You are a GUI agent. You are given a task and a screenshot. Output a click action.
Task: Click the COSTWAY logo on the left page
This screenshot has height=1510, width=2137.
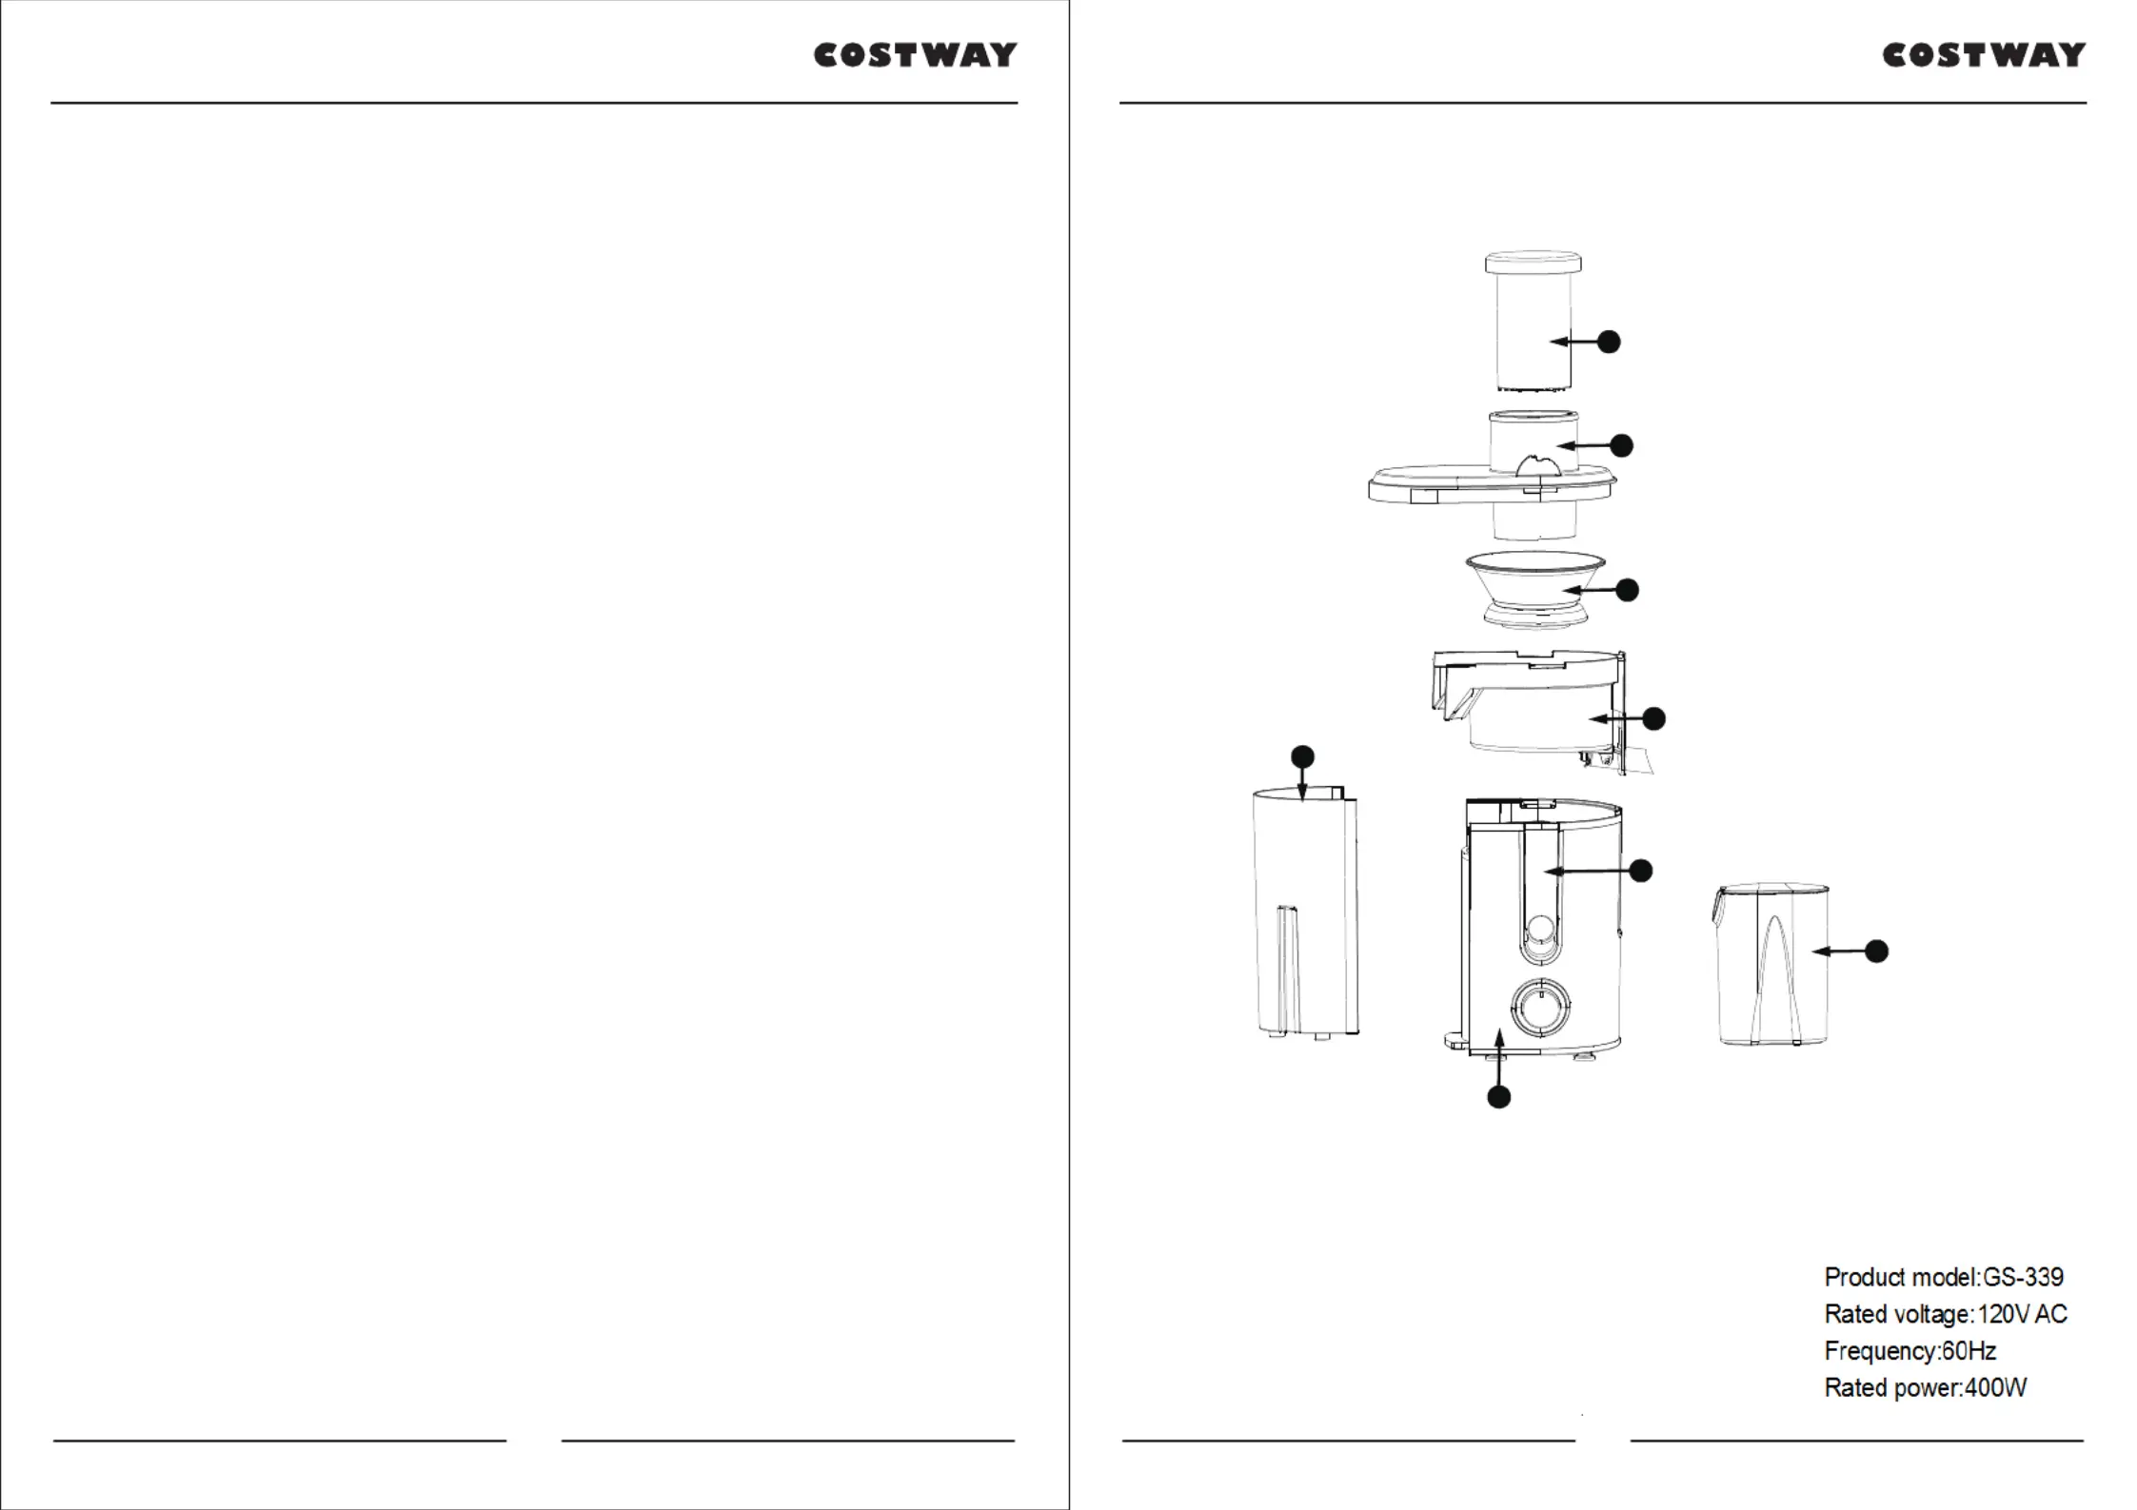point(915,55)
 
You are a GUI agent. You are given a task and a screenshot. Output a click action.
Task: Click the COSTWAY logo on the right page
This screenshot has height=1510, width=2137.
point(1984,55)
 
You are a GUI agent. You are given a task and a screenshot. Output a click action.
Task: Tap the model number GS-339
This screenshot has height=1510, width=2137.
point(2023,1277)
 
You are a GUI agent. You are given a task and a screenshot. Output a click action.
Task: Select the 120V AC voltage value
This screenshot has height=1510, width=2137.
point(2023,1314)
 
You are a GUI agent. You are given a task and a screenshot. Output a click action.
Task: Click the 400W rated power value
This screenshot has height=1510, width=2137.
point(1996,1388)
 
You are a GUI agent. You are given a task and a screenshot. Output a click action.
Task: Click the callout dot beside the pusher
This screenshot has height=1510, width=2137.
point(1609,342)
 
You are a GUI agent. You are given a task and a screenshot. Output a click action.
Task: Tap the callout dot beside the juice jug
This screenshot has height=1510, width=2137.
point(1876,951)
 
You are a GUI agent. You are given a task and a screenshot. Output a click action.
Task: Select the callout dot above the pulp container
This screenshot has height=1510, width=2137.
point(1302,757)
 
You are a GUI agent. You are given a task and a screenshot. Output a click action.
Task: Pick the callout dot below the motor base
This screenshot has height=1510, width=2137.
point(1499,1097)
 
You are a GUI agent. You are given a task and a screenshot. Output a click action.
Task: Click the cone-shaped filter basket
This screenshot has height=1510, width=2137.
point(1535,590)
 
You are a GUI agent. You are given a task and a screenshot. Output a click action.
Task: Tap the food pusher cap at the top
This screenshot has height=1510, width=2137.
point(1533,262)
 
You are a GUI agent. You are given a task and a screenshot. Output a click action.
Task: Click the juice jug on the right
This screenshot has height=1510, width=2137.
point(1771,965)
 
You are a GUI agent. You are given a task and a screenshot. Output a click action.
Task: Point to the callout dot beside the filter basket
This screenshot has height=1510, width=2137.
point(1628,590)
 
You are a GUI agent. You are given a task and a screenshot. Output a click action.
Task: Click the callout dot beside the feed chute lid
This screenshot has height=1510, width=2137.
point(1621,445)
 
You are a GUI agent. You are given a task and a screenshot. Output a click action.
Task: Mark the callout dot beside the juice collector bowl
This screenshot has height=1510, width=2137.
point(1654,718)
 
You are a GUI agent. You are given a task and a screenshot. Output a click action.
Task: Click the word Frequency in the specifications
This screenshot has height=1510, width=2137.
point(1880,1351)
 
